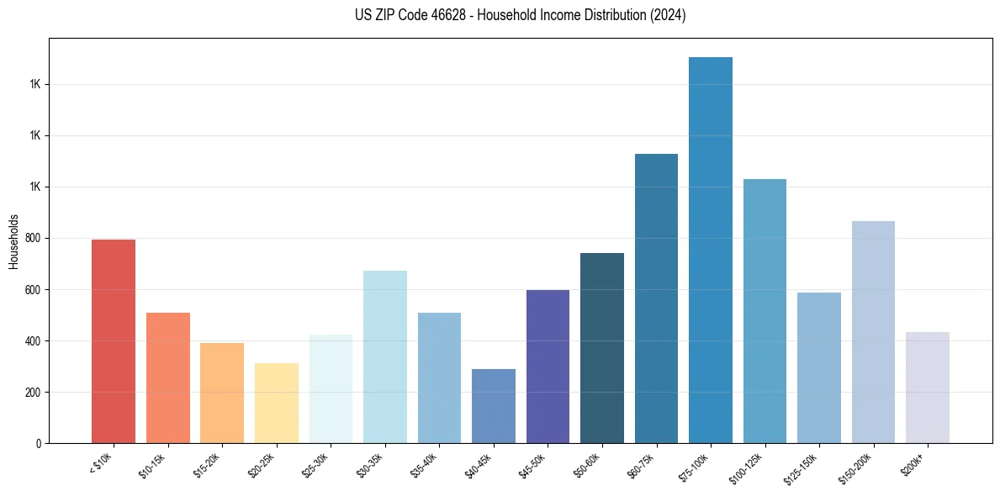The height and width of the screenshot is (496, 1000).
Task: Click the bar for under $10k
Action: pos(114,341)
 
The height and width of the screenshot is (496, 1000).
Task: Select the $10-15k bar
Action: pos(167,377)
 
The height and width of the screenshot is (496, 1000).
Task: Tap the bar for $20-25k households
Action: pos(276,403)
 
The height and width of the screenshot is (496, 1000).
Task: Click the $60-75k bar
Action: pos(656,298)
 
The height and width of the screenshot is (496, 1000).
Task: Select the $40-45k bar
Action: pos(493,406)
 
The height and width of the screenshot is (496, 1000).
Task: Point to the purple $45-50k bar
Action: pos(548,367)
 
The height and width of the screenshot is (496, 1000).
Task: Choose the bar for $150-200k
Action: pos(873,332)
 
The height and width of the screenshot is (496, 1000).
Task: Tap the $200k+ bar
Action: pos(928,388)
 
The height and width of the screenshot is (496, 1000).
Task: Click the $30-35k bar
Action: pos(384,356)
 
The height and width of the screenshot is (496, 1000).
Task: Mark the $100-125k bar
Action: pos(765,311)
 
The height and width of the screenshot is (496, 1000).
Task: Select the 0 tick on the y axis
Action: pos(40,444)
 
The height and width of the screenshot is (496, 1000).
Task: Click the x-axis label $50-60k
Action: pos(587,464)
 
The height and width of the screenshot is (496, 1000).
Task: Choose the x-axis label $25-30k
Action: pos(315,464)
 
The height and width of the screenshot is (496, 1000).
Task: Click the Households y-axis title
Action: pos(13,241)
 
